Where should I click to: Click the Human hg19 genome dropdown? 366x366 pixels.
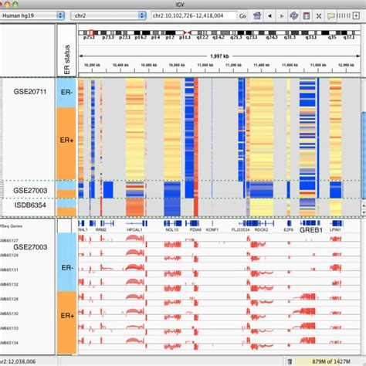(31, 15)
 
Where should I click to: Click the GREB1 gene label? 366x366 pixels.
(311, 229)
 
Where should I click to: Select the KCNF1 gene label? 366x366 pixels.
(212, 229)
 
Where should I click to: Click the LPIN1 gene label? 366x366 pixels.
(336, 229)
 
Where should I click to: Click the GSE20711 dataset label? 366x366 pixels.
(29, 91)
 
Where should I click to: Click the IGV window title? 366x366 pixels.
(183, 4)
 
